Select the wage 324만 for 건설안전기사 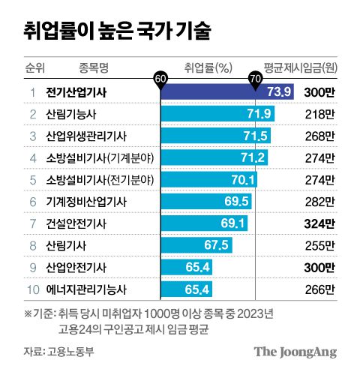point(320,223)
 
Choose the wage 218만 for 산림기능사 point(320,115)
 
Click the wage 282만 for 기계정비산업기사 point(320,202)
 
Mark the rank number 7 point(32,223)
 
